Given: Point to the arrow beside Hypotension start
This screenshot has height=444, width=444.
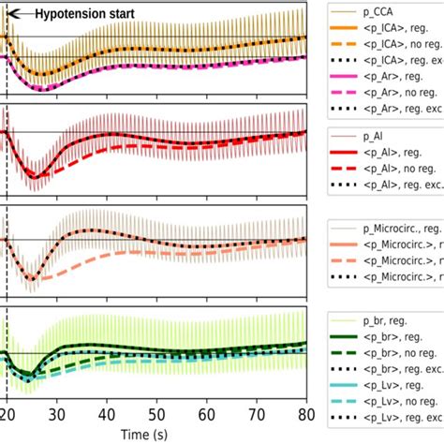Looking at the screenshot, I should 19,13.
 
